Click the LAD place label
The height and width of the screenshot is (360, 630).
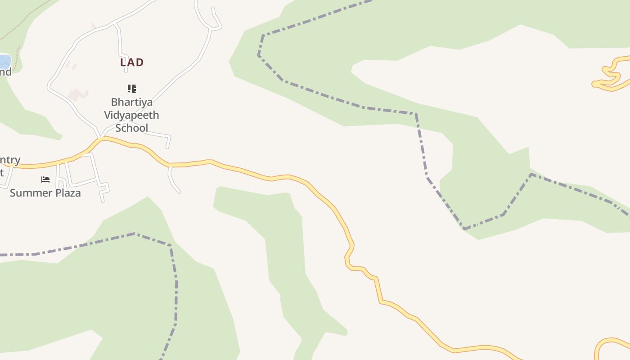click(x=132, y=63)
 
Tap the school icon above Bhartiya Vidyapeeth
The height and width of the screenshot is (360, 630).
click(x=131, y=88)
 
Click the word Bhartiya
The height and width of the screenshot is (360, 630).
click(x=132, y=102)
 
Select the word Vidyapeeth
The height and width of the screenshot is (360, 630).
click(x=131, y=115)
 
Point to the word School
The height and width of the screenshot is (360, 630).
click(x=131, y=128)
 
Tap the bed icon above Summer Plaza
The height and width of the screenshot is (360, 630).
click(x=45, y=180)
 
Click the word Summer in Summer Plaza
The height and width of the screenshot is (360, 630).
click(x=29, y=193)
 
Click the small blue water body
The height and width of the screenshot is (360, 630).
click(x=4, y=61)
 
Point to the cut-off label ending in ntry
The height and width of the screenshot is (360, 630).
click(x=10, y=160)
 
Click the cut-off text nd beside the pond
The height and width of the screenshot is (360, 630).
click(x=5, y=72)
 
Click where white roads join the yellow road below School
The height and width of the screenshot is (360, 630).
click(x=101, y=138)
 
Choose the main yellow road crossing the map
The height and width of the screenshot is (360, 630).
click(x=288, y=176)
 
